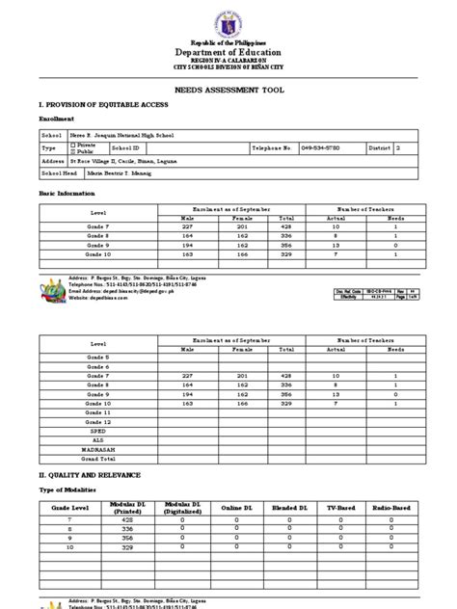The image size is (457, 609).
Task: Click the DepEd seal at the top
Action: (x=228, y=21)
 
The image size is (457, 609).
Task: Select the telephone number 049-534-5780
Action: (x=348, y=148)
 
